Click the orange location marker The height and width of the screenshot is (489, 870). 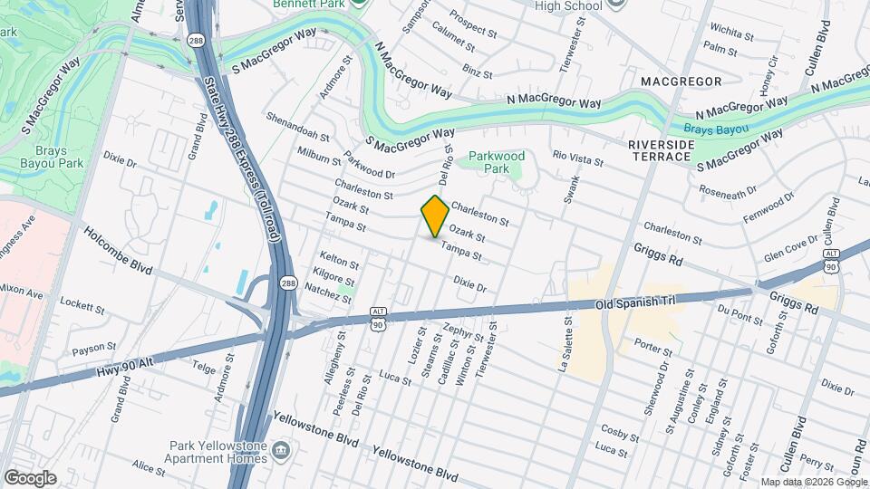pos(435,216)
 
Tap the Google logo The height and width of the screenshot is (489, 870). pos(30,478)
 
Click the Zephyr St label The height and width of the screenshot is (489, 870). pos(464,333)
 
